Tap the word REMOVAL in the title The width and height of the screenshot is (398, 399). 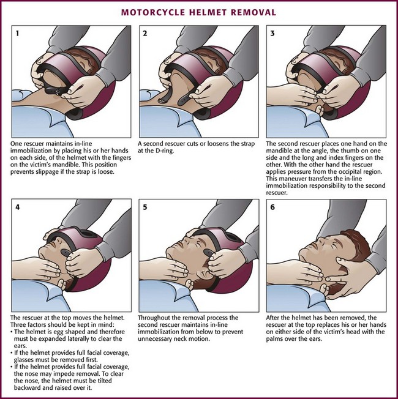click(250, 12)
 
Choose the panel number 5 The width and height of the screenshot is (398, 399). click(145, 207)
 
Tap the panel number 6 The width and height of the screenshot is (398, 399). click(272, 207)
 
